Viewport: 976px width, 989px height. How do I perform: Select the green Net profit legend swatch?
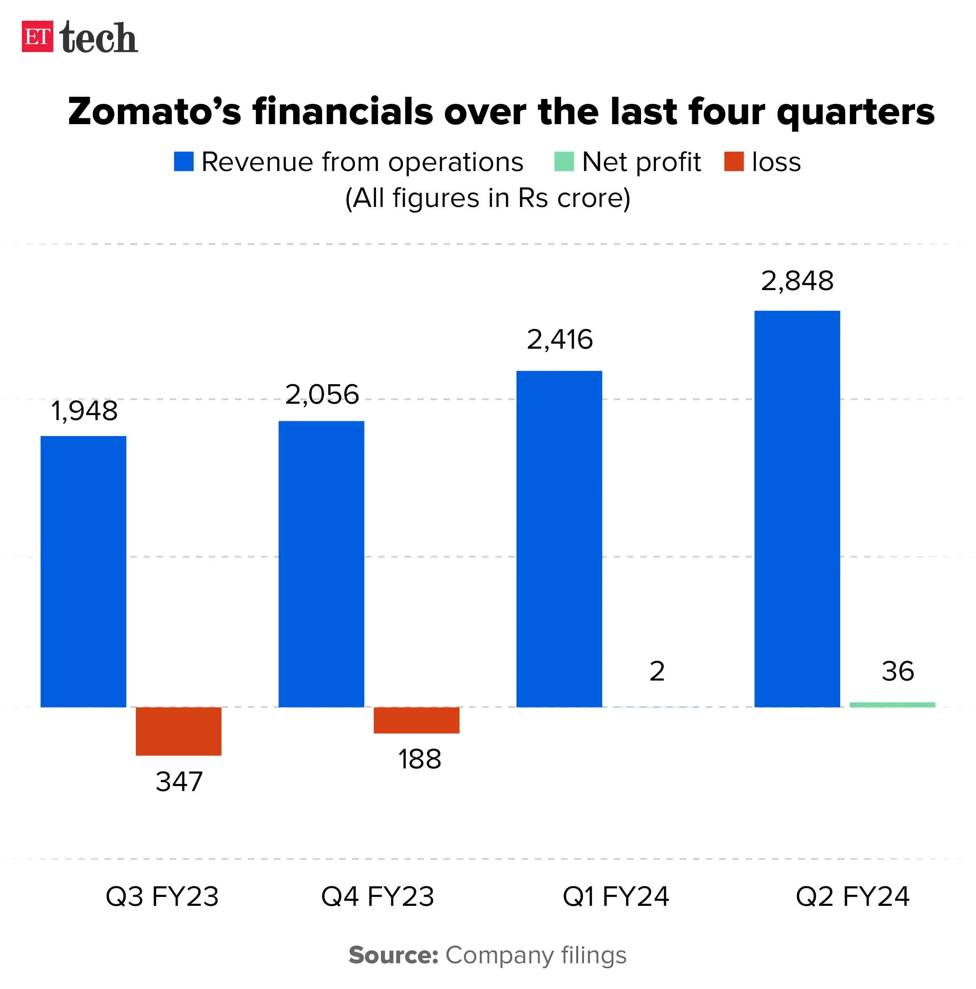point(563,162)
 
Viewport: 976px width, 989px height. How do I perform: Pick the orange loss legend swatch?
point(734,162)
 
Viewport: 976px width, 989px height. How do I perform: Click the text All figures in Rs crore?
point(487,198)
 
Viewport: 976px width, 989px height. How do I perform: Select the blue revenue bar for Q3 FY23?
point(84,571)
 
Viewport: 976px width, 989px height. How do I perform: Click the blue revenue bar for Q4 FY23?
point(321,563)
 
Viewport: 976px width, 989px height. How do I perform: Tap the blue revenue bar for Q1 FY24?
point(559,538)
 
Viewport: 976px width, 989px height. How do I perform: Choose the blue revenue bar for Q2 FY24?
point(797,508)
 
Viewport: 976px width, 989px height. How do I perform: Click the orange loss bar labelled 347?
point(178,731)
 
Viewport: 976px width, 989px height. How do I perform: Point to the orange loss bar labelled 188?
point(416,720)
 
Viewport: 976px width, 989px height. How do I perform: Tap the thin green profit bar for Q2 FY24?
point(892,705)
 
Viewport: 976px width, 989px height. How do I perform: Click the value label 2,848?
point(797,281)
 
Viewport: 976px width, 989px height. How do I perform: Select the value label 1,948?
point(84,411)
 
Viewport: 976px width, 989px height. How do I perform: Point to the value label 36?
point(897,671)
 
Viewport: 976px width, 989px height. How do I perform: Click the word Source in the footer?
point(393,955)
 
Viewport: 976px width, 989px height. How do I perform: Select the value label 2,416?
point(559,339)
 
